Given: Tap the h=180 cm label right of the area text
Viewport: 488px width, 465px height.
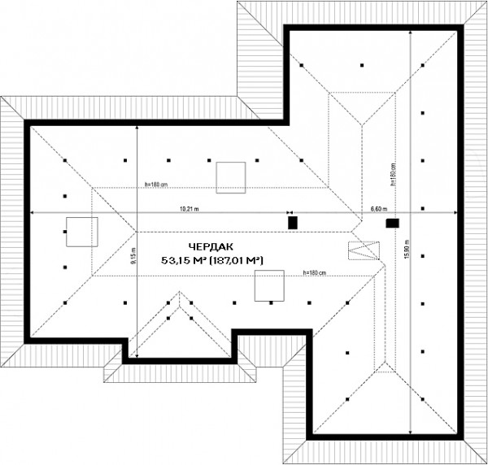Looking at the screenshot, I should point(314,272).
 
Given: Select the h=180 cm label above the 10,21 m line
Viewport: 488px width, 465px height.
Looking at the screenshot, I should point(156,184).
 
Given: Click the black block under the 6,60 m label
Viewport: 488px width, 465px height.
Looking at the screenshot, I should point(392,222).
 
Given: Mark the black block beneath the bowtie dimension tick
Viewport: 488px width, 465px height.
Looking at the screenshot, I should point(293,221).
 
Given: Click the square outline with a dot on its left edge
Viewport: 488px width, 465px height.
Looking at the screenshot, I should point(81,232).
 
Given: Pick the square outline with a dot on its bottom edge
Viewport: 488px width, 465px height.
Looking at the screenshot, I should point(269,286).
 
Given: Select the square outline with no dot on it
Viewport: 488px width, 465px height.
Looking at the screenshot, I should point(230,177).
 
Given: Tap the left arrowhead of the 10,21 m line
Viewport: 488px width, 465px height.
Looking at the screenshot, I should point(33,213).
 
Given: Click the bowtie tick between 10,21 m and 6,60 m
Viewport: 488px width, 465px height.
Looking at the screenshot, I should point(290,213).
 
